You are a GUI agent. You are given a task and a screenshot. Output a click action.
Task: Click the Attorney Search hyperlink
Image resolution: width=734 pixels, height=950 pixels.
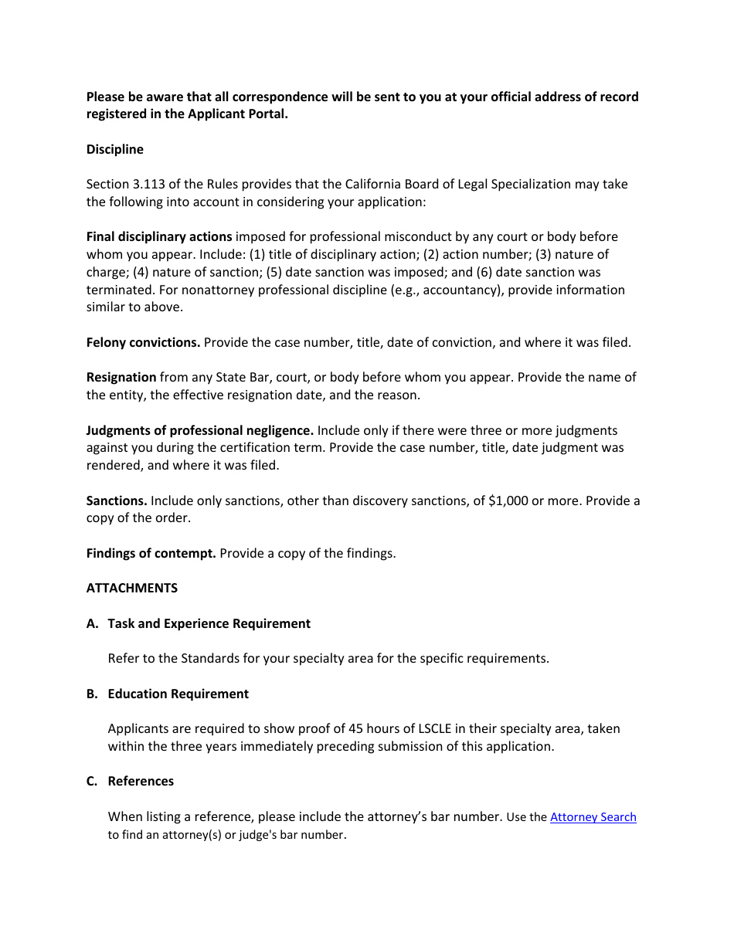tap(593, 817)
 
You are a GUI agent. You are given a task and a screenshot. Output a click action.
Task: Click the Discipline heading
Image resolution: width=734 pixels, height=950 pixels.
tap(114, 149)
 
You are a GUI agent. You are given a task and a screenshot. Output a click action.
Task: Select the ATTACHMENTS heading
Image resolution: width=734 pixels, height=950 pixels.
tap(131, 588)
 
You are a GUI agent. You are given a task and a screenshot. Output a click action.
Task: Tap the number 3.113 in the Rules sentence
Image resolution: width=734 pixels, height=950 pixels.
tap(149, 184)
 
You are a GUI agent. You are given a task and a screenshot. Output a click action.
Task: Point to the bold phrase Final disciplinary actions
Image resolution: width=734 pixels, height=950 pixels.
tap(158, 236)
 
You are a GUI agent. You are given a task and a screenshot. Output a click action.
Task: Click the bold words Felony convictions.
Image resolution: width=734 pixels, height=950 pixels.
tap(143, 342)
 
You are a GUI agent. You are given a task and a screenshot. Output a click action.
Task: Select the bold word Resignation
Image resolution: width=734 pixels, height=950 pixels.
tap(121, 377)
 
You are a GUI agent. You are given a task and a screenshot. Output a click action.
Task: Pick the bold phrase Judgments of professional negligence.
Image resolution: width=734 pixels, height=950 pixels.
tap(199, 430)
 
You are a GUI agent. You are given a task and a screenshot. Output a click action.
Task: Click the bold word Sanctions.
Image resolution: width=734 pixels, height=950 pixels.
tap(117, 500)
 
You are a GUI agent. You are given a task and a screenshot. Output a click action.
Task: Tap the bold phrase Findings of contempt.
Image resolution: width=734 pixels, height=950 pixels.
tap(151, 553)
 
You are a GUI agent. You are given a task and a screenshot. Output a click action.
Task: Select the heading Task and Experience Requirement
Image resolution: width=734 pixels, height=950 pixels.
tap(209, 623)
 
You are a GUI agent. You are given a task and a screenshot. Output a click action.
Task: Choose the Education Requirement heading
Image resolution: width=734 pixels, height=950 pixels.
tap(178, 694)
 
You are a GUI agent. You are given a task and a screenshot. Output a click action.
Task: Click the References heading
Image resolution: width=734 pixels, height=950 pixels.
tap(141, 781)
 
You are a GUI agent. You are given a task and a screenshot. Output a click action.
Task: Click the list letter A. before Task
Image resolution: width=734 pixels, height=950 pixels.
tap(93, 623)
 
